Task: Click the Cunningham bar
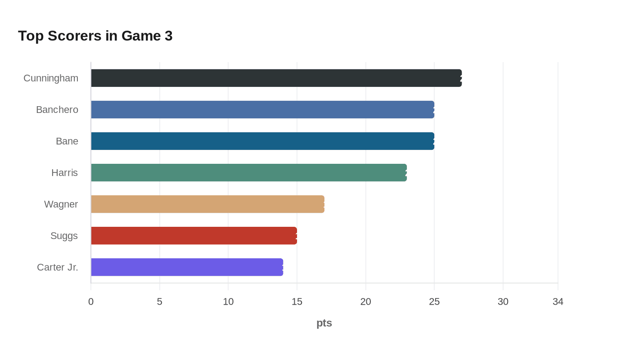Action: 276,78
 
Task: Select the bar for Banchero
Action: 262,110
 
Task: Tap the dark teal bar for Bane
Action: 262,141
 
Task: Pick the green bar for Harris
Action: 249,173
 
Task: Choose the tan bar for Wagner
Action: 207,204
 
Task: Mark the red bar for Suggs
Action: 194,236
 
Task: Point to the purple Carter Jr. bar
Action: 187,267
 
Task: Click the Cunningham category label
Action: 51,78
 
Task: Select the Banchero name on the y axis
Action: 57,110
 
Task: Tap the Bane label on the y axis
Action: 67,141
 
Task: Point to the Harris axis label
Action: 65,173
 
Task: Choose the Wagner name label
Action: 61,204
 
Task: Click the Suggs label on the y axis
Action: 64,236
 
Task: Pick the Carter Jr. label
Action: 58,267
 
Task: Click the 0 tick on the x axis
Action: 91,301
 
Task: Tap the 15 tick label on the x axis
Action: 297,301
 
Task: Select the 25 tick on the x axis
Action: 434,301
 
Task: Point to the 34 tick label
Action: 558,301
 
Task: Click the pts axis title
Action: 324,323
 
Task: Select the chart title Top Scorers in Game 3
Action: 95,36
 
